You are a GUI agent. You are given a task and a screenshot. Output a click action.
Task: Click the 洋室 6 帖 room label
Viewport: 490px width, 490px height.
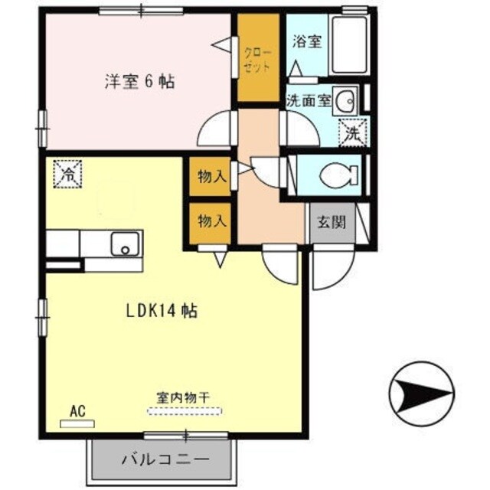pos(139,81)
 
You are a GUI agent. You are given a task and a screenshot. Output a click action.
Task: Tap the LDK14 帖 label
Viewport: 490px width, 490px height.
pos(162,311)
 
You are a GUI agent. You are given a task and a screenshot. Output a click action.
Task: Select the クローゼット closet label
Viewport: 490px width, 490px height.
pos(257,60)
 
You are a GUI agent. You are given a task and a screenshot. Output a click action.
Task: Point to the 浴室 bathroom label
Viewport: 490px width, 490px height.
pos(306,41)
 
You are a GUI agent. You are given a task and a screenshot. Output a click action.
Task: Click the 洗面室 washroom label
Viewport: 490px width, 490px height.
pos(308,100)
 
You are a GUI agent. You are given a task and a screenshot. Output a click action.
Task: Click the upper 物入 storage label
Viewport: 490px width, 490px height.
pos(212,177)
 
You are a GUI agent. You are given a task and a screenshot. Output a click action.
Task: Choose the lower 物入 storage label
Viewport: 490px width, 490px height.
pos(212,222)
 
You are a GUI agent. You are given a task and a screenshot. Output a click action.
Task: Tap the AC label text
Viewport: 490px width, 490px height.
pos(76,410)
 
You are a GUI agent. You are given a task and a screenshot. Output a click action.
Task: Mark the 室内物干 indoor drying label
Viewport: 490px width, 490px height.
pos(184,398)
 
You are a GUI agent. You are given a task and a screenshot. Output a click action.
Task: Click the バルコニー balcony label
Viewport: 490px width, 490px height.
pos(165,461)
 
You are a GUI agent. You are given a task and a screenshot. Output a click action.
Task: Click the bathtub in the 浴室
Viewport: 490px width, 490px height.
pos(348,47)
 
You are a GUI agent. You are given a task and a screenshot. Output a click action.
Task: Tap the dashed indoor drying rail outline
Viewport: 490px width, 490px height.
pos(184,412)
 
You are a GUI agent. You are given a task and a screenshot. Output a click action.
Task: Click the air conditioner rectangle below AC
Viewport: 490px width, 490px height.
pos(77,423)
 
